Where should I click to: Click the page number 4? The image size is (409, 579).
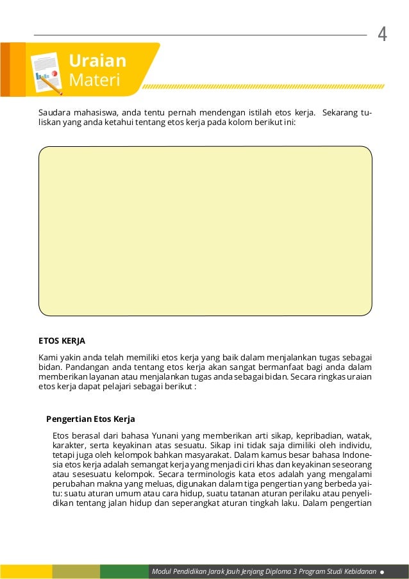coord(383,34)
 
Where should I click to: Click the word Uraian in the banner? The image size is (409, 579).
coord(97,61)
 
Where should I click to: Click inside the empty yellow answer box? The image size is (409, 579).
coord(205,231)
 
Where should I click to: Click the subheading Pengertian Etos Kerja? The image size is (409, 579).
coord(90,419)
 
